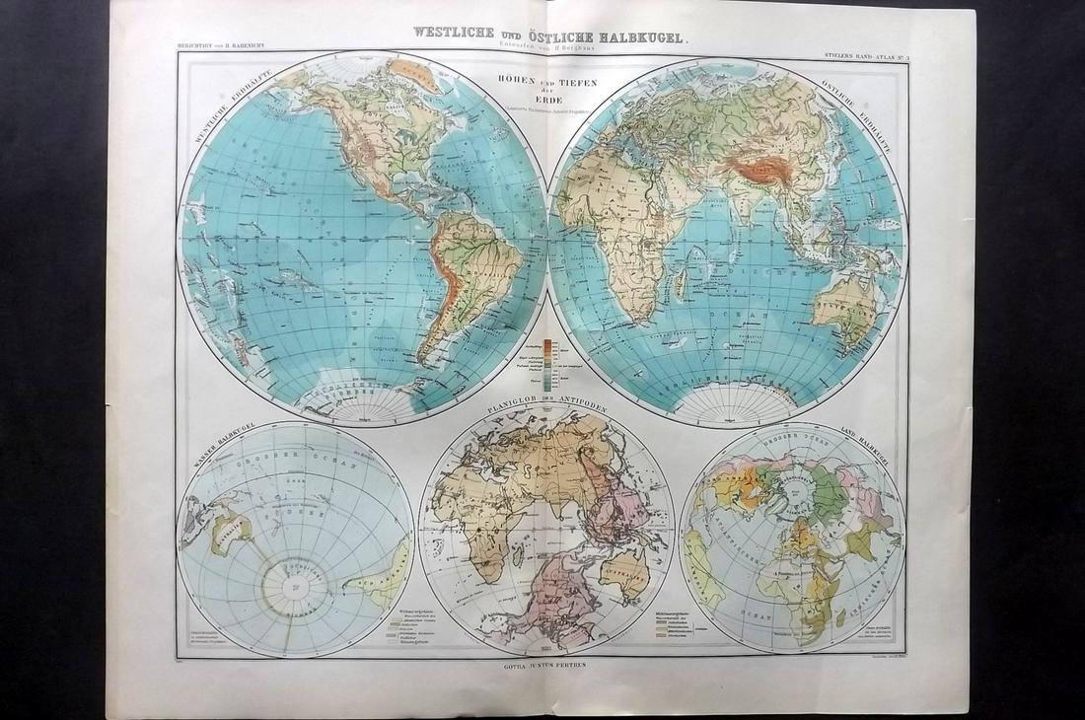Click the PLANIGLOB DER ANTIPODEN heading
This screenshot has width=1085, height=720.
coord(546,404)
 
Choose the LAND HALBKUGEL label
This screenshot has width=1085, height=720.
coord(863,439)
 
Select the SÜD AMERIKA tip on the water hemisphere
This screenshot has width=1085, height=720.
coord(380,582)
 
